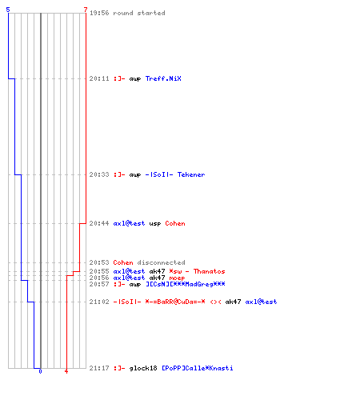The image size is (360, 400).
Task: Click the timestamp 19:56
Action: tap(99, 13)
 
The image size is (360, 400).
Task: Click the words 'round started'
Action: tap(139, 13)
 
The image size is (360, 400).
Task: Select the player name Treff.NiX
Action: tap(163, 78)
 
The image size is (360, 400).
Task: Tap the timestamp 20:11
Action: tap(99, 78)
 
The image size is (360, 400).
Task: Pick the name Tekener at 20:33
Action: tap(191, 174)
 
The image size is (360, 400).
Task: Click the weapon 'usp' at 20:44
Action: tap(155, 224)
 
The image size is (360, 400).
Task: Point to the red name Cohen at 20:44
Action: tap(175, 223)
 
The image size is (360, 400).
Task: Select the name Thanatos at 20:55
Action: tap(209, 271)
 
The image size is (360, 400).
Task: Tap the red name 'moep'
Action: tap(177, 278)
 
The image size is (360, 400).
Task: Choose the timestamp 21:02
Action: tap(99, 302)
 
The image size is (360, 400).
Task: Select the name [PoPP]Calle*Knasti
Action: tap(198, 368)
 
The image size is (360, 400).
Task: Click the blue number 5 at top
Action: tap(8, 10)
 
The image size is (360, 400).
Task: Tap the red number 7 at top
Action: tap(86, 10)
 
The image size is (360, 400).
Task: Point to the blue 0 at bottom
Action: tap(40, 371)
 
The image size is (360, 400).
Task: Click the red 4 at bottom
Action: tap(66, 371)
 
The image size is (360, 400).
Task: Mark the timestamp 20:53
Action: tap(99, 262)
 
